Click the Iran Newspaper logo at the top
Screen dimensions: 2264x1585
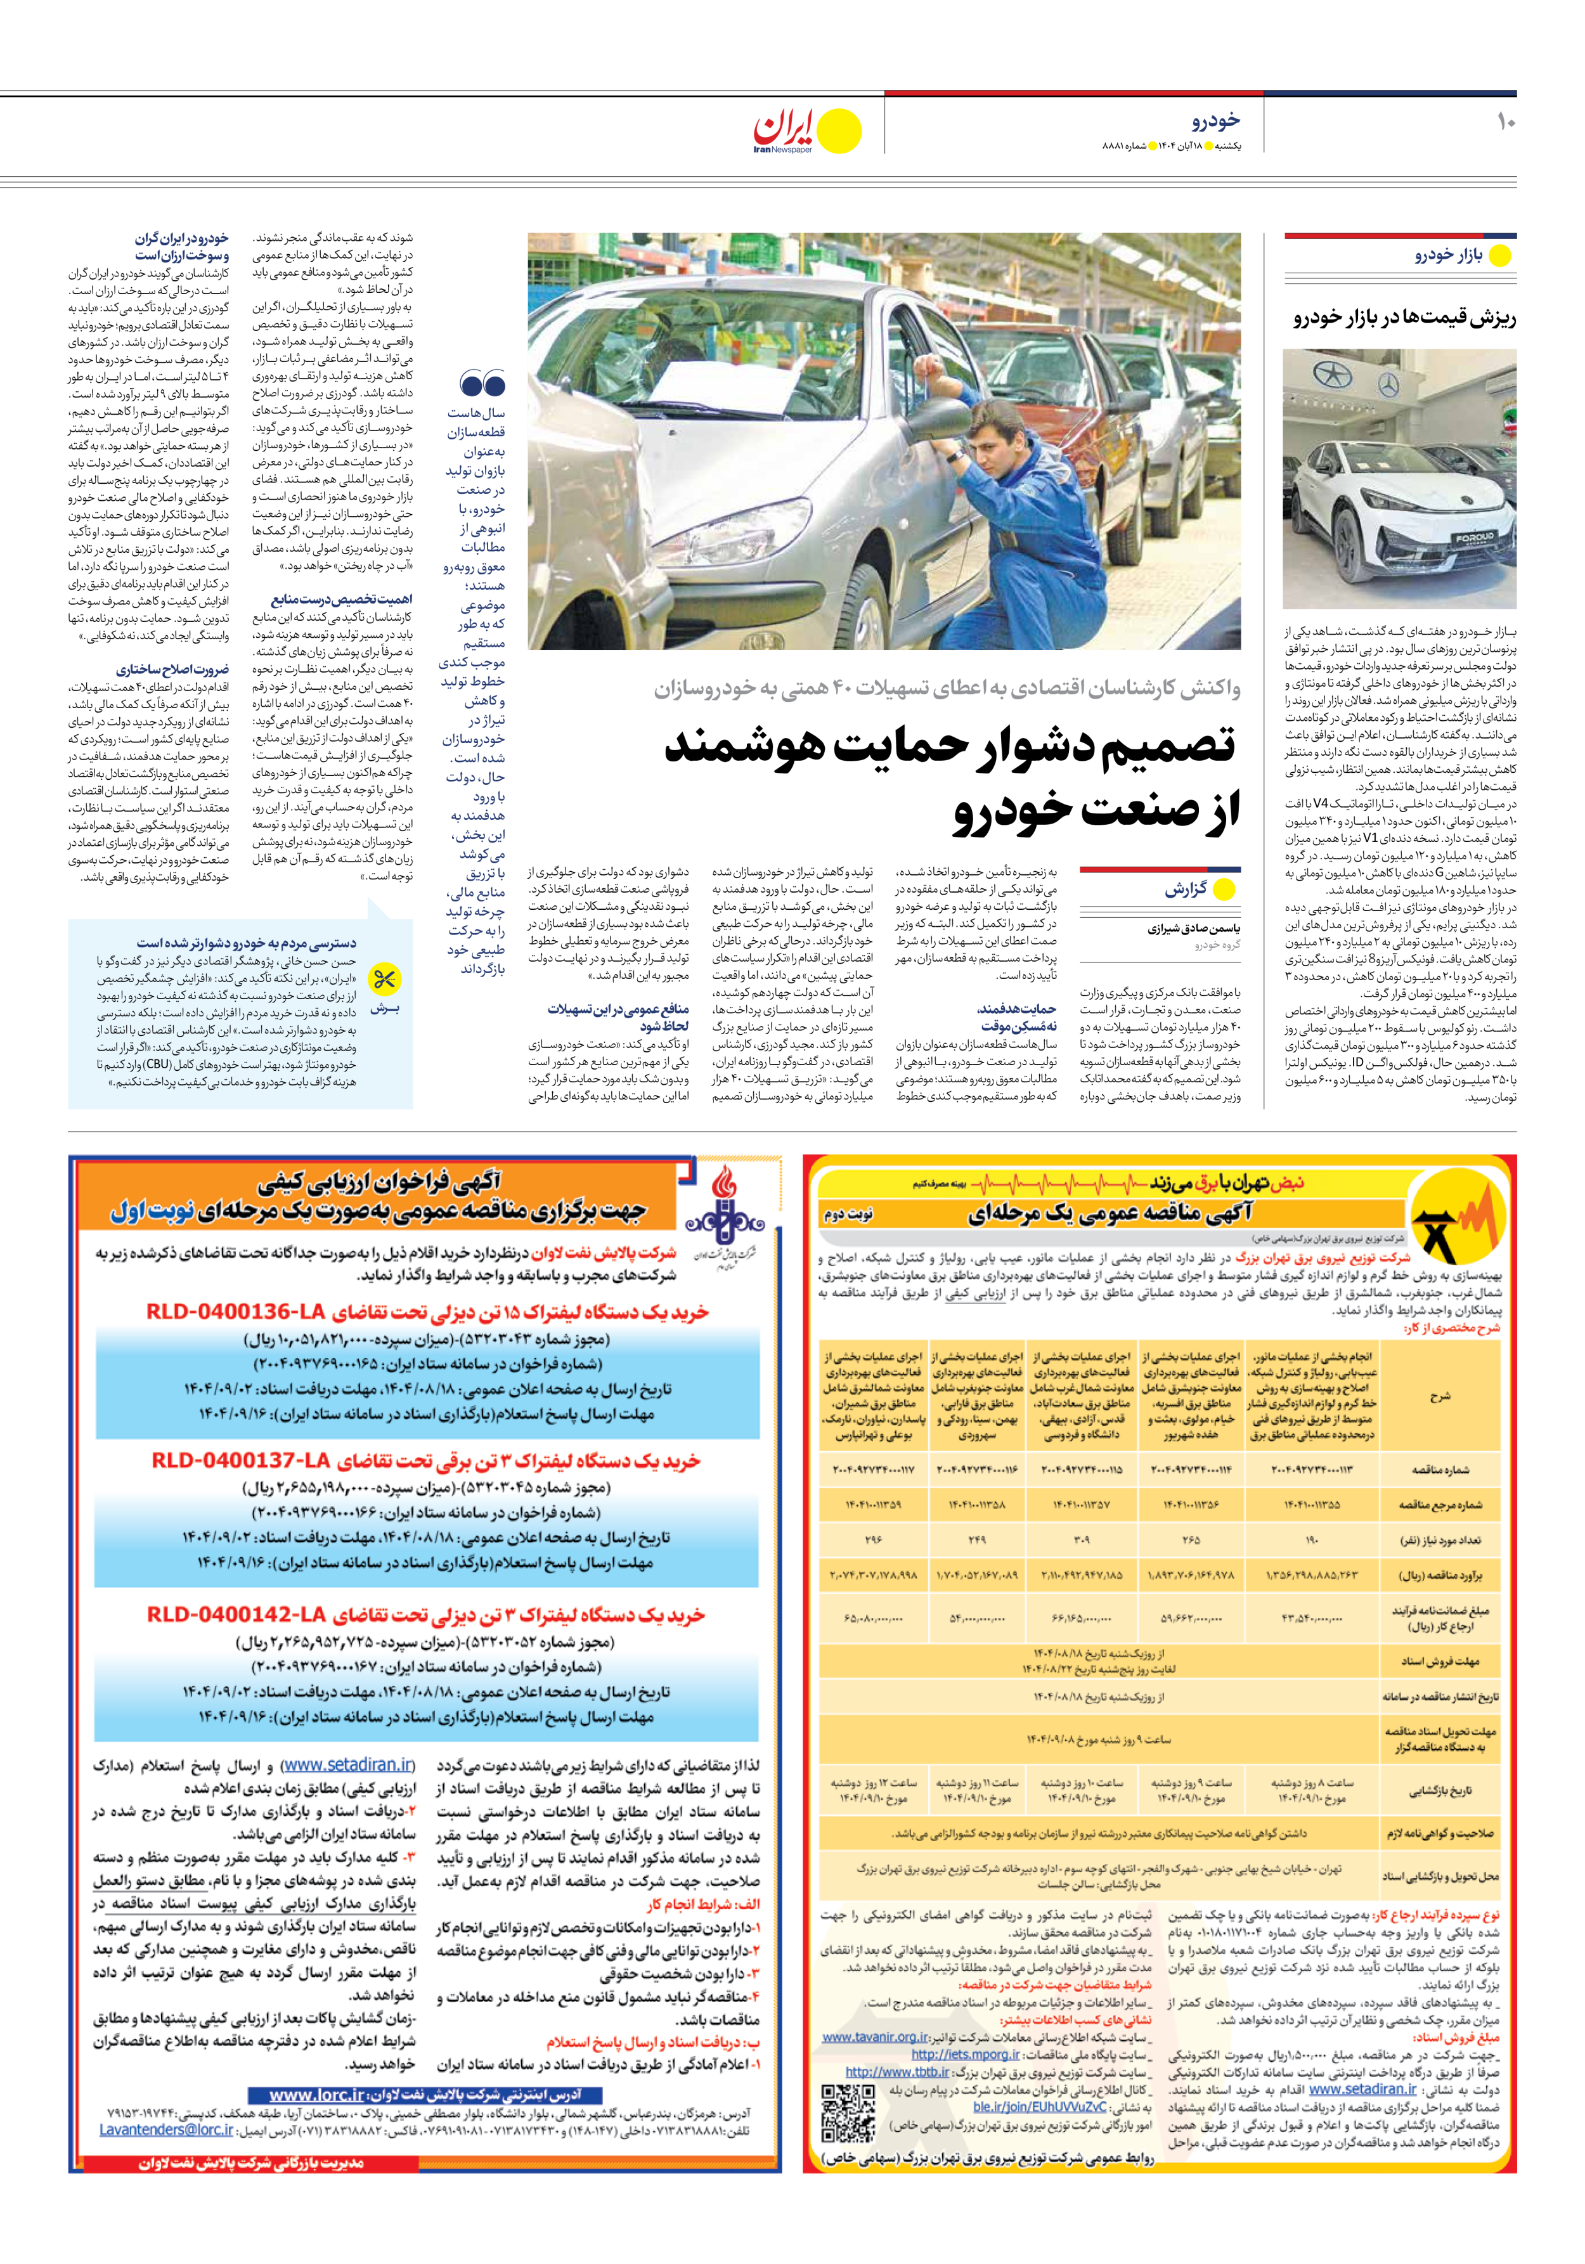click(x=806, y=131)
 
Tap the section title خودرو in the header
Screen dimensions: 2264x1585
click(x=1215, y=120)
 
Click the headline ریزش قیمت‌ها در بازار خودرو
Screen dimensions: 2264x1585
click(x=1404, y=318)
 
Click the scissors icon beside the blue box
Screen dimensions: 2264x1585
click(x=383, y=979)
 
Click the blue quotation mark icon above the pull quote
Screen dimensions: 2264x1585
click(x=482, y=384)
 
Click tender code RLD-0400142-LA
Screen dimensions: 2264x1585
click(x=236, y=1614)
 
